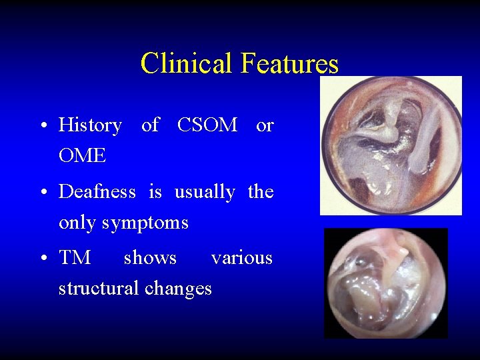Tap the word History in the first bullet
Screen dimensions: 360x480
click(x=90, y=125)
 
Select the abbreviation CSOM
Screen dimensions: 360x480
click(x=207, y=125)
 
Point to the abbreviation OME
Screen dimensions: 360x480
click(x=82, y=155)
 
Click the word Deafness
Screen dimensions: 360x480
click(x=97, y=192)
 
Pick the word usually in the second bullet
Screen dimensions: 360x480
click(x=205, y=193)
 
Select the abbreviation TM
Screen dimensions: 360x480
click(x=75, y=257)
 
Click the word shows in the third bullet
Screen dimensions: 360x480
click(x=150, y=257)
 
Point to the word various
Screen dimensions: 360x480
click(x=241, y=257)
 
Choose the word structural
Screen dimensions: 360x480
click(x=96, y=288)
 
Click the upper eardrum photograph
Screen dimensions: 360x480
click(x=391, y=145)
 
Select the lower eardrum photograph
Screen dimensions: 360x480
click(x=385, y=283)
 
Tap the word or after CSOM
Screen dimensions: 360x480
click(x=265, y=125)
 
